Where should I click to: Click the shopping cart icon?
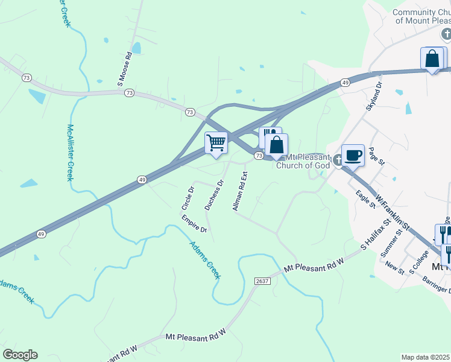(216, 143)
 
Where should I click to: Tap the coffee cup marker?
(353, 154)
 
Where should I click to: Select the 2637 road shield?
(262, 281)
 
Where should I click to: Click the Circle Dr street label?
(188, 198)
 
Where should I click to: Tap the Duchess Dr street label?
(213, 194)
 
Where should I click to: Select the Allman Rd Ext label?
(240, 191)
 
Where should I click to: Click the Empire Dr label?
(194, 223)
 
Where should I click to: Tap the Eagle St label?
(365, 199)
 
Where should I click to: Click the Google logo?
(20, 355)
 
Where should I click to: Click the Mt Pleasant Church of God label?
(303, 161)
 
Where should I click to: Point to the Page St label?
(376, 159)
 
